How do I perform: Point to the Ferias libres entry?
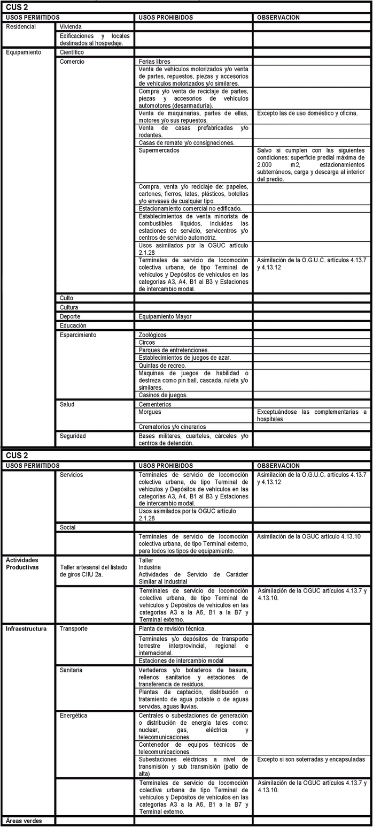[x=154, y=62]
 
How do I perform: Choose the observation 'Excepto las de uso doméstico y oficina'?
[x=307, y=113]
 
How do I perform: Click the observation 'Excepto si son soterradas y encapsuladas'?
[x=311, y=760]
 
